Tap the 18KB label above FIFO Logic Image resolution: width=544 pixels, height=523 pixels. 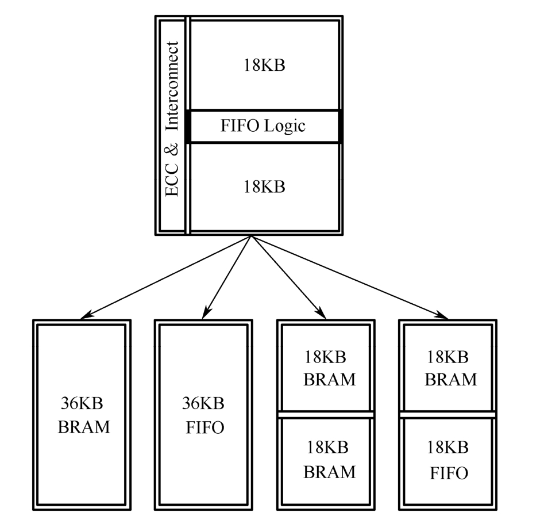tap(265, 65)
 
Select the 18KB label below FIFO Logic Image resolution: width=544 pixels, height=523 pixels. tap(265, 187)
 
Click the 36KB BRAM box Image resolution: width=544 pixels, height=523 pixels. tap(82, 414)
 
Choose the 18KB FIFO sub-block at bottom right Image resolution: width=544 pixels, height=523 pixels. tap(447, 460)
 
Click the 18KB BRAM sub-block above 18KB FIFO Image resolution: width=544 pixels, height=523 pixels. tap(447, 368)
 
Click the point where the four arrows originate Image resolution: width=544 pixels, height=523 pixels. tap(250, 236)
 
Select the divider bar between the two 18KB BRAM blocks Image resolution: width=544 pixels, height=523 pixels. tap(326, 414)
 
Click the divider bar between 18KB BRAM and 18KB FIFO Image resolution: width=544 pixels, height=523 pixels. tap(447, 414)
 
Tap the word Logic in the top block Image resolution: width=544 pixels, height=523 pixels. tap(285, 126)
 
